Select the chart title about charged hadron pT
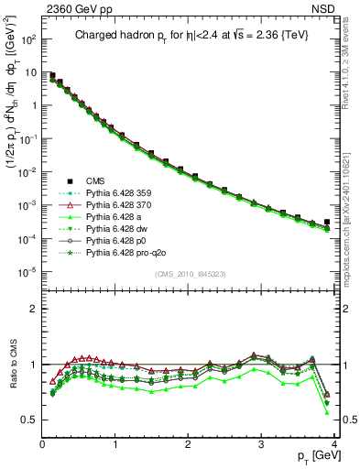pos(190,36)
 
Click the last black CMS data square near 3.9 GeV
pos(327,222)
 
